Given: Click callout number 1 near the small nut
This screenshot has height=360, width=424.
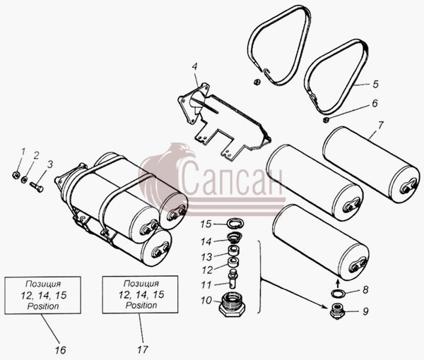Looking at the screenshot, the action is click(23, 152).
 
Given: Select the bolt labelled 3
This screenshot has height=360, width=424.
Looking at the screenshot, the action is click(37, 186).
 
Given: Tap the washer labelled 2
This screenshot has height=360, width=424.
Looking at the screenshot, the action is click(25, 179).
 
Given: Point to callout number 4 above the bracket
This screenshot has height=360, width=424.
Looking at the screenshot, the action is click(195, 66).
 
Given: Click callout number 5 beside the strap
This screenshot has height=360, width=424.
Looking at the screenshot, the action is click(375, 84).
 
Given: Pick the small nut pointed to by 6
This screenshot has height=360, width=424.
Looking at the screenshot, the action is click(326, 119).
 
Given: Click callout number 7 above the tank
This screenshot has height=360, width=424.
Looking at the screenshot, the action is click(380, 126).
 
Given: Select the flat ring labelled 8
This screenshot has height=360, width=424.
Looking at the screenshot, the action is click(338, 293).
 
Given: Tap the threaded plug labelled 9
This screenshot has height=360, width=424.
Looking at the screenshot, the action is click(337, 311).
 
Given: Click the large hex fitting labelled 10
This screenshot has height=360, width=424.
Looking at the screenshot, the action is click(232, 305).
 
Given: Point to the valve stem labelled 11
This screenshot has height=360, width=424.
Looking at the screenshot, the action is click(232, 280).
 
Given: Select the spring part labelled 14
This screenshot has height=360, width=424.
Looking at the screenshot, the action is click(233, 237).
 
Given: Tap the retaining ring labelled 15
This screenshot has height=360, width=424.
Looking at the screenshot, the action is click(235, 223).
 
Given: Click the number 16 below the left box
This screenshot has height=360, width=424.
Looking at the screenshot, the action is click(60, 350).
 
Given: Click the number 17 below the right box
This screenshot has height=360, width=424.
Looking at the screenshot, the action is click(143, 349).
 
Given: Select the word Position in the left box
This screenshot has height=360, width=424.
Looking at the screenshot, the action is click(43, 306).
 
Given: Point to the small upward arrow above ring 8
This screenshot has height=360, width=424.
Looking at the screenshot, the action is click(338, 283).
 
